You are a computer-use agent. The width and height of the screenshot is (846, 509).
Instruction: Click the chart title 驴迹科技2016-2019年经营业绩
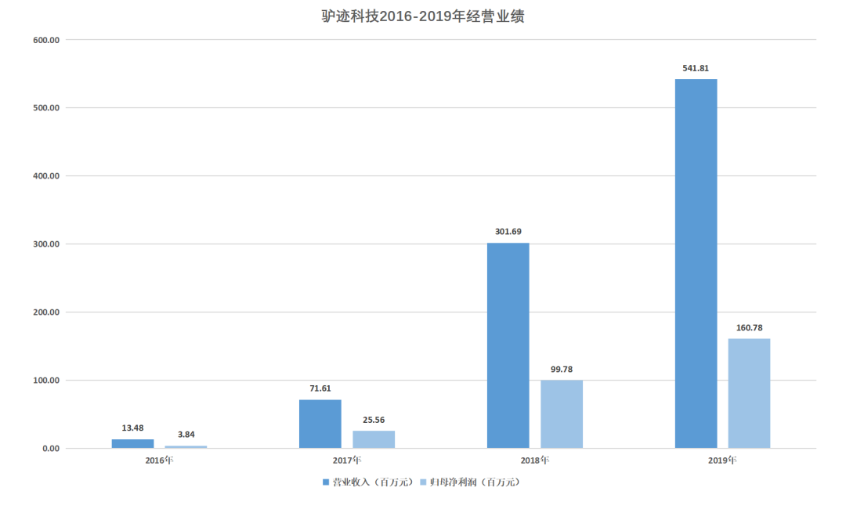pos(423,16)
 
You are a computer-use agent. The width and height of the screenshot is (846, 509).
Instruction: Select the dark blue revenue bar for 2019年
pos(696,264)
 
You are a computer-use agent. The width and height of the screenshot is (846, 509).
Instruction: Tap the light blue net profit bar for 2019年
pos(749,393)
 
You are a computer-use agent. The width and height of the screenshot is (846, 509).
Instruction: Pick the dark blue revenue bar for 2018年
pos(508,345)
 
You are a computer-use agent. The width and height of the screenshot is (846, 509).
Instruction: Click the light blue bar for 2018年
pos(561,414)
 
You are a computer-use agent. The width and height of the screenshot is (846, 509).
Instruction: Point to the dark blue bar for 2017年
pos(320,424)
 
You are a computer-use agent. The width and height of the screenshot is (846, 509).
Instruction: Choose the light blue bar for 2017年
pos(374,439)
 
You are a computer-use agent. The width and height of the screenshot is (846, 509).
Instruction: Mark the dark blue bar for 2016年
pos(132,443)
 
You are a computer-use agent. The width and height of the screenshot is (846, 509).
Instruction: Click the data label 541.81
pos(696,68)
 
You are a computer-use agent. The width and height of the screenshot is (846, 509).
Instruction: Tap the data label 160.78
pos(749,327)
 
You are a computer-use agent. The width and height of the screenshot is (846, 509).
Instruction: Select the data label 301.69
pos(508,232)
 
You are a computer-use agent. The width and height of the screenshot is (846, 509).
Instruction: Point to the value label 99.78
pos(561,369)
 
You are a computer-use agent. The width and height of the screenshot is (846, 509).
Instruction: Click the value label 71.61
pos(320,388)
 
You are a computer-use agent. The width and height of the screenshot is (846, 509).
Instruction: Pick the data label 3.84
pos(186,435)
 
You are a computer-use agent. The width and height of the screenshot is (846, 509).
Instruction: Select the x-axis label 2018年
pos(534,460)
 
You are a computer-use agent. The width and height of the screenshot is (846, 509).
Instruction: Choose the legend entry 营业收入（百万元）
pos(368,482)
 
